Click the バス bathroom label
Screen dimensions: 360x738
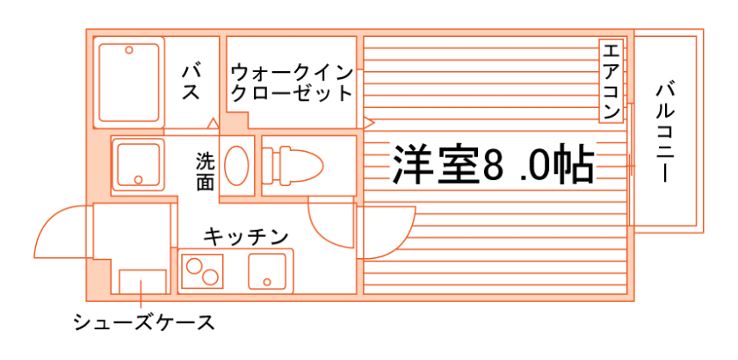[192, 81]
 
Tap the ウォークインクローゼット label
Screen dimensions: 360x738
[291, 81]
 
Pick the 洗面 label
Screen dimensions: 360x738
[205, 171]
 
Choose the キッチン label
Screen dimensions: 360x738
[246, 236]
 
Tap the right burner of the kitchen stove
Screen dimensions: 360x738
[210, 277]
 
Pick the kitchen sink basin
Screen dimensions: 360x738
[268, 270]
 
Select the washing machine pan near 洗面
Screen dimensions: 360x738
[137, 164]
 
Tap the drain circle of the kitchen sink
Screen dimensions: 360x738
[267, 282]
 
